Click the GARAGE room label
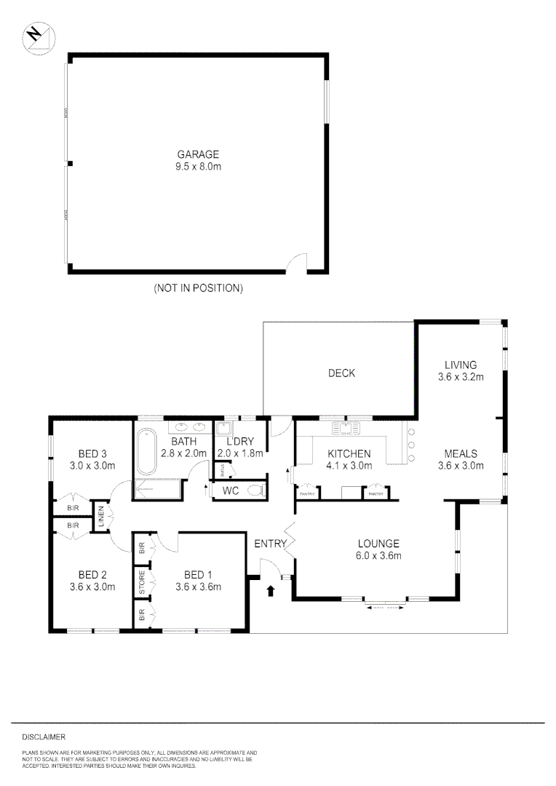coord(198,154)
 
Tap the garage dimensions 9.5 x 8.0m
coord(198,167)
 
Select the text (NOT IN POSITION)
coord(197,288)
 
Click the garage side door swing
coord(296,263)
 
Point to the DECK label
coord(341,373)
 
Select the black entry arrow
coord(271,590)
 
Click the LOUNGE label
coord(378,543)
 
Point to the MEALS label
coord(461,454)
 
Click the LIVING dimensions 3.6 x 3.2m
coord(461,377)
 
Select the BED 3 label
coord(84,453)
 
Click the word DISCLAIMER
coord(44,737)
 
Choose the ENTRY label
coord(269,543)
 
